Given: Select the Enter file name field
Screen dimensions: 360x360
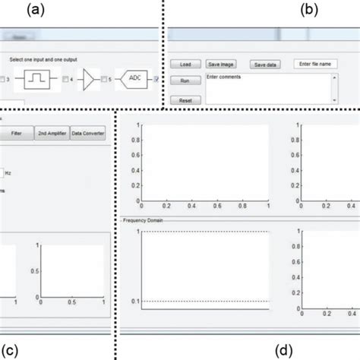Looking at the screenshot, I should pos(315,65).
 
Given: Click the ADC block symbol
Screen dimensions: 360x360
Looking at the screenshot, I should pos(135,78).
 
